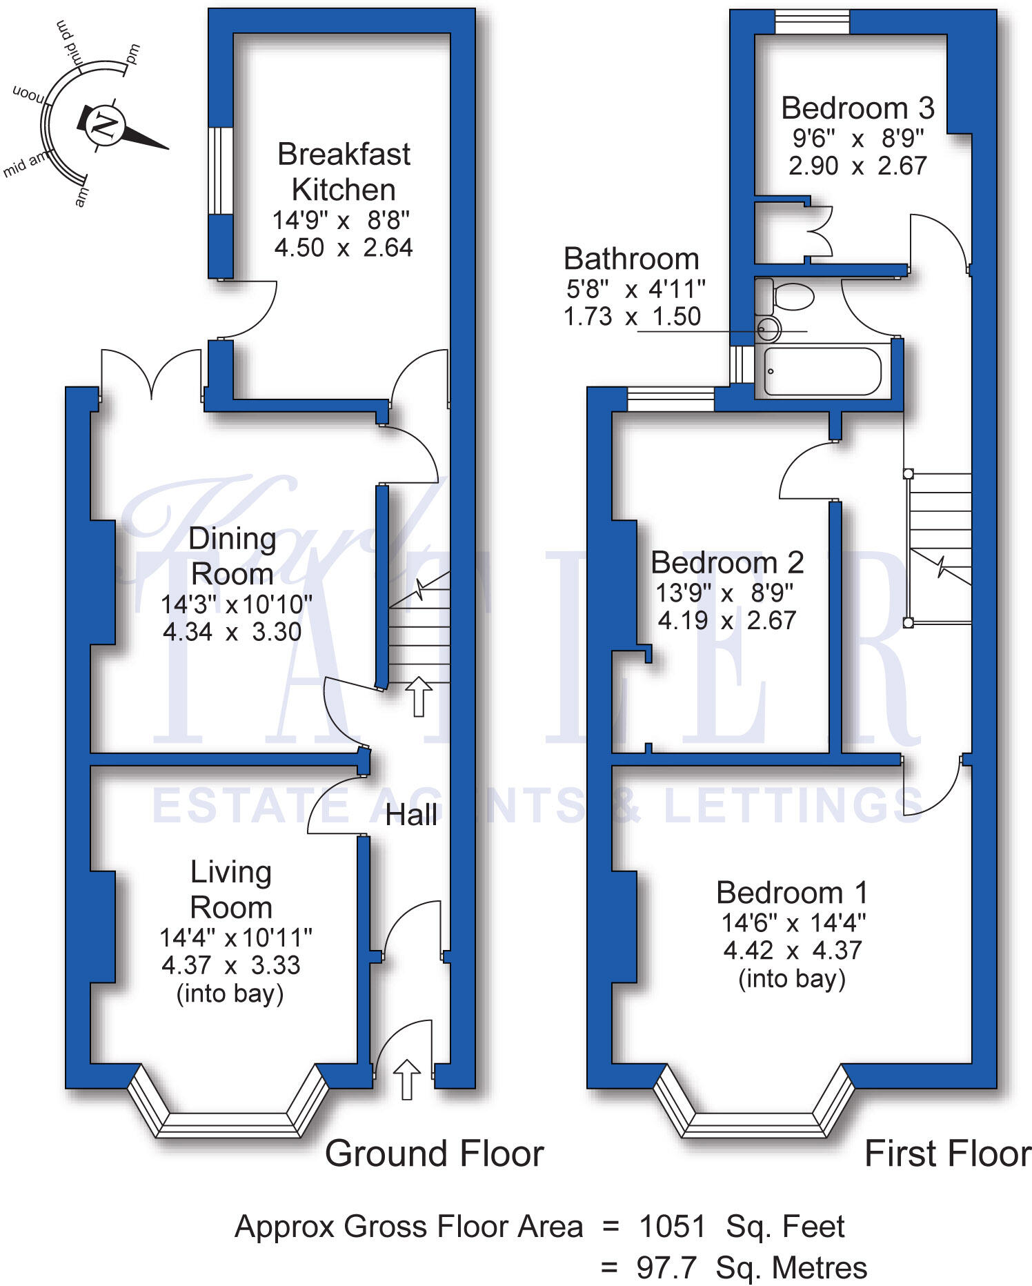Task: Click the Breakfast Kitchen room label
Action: (x=344, y=172)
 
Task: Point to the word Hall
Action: (x=411, y=815)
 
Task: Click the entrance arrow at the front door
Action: (x=406, y=1079)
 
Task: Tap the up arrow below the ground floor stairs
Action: (x=418, y=696)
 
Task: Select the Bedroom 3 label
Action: (x=857, y=108)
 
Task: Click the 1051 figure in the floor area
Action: (x=672, y=1227)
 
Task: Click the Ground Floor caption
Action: (x=434, y=1154)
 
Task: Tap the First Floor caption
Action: (x=947, y=1154)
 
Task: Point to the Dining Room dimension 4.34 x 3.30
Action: (x=232, y=632)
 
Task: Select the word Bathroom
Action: (x=631, y=259)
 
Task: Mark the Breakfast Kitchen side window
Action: (x=221, y=170)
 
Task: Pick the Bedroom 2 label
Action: (x=727, y=563)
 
